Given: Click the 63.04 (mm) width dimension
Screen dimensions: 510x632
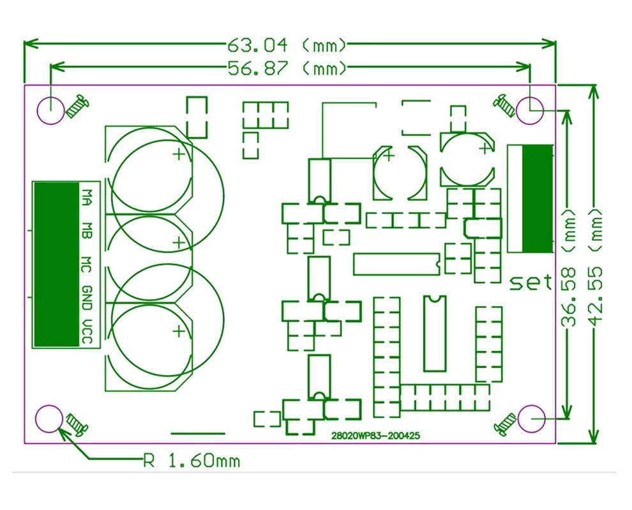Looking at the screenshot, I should [x=287, y=45].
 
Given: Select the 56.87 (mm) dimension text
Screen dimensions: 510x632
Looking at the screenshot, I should [x=287, y=68].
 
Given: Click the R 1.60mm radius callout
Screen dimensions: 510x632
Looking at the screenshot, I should [x=191, y=460].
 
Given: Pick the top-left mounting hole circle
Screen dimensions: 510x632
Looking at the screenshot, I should [x=50, y=110].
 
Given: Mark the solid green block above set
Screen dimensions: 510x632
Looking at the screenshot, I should [x=537, y=199].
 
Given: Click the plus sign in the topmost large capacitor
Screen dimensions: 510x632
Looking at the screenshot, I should [x=179, y=154].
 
